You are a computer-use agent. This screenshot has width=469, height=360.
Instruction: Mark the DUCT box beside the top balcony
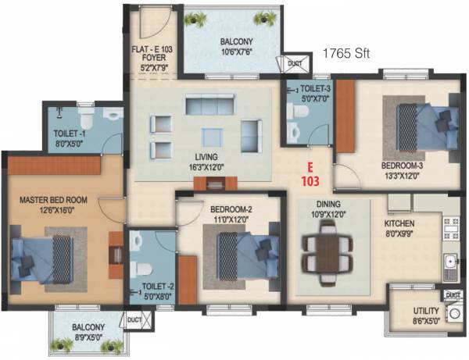(294, 64)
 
